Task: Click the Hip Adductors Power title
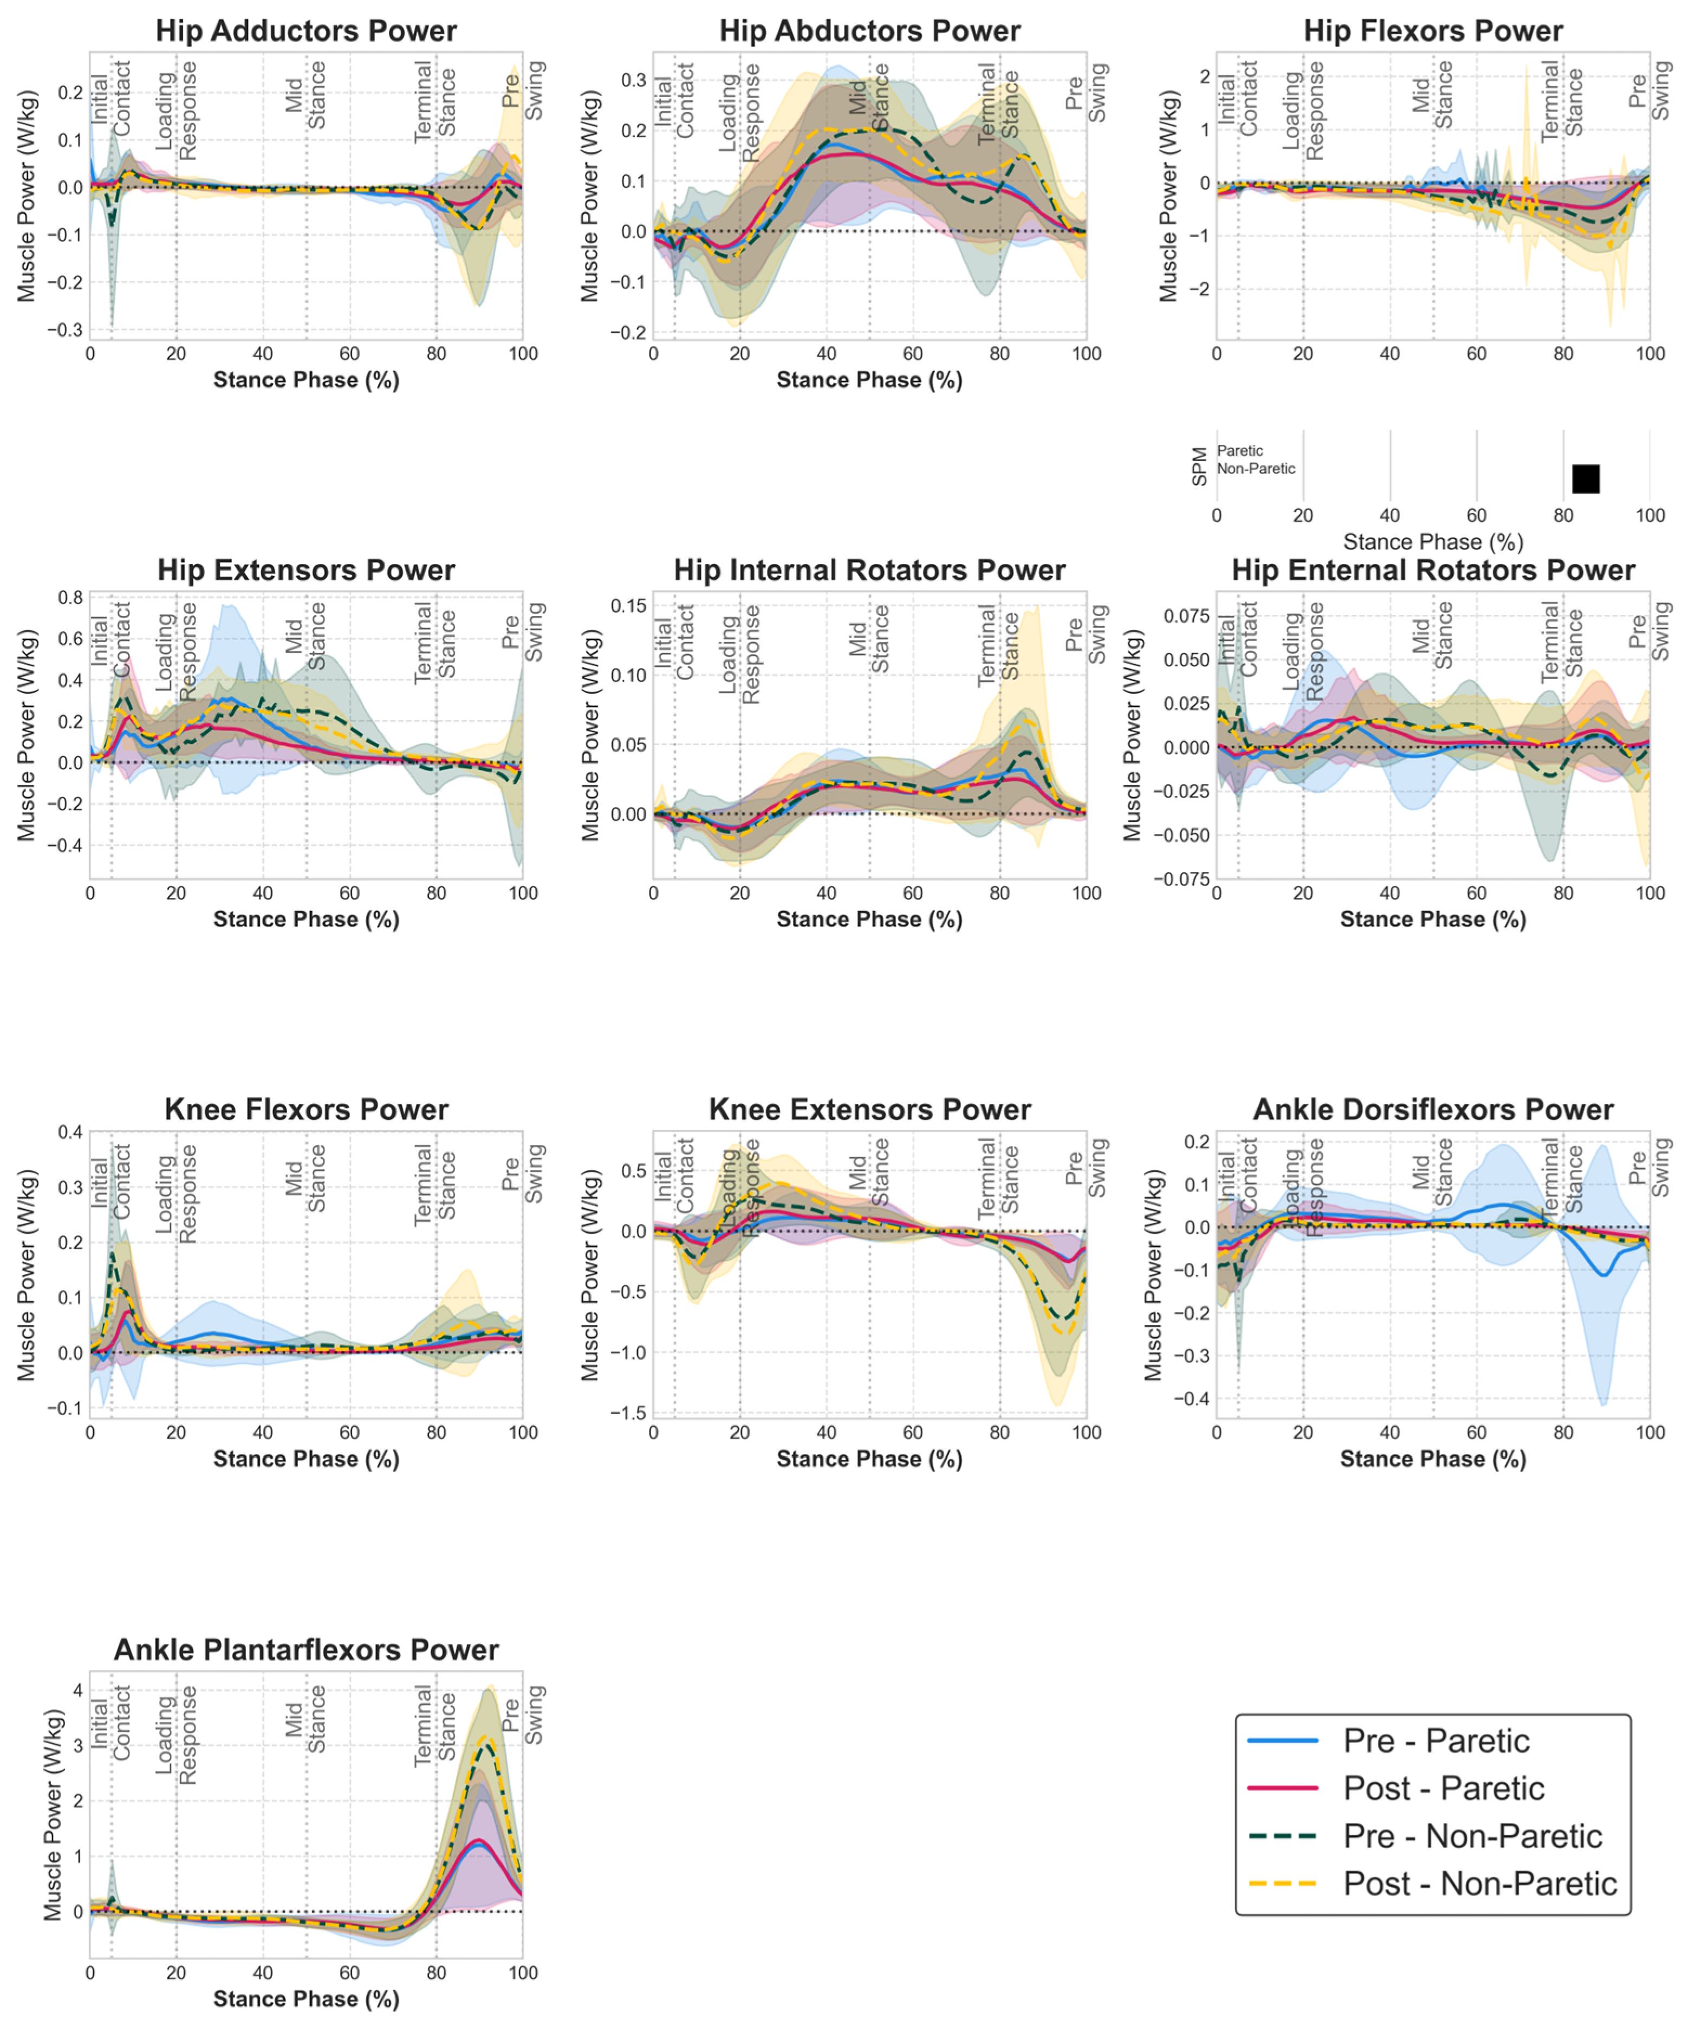coord(306,31)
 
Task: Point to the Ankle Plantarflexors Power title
coord(306,1650)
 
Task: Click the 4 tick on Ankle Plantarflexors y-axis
coord(77,1690)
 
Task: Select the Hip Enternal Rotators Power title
coord(1433,570)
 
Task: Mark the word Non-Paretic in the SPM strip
coord(1256,469)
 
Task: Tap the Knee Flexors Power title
coord(306,1110)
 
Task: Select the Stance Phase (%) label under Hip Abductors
coord(869,380)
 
